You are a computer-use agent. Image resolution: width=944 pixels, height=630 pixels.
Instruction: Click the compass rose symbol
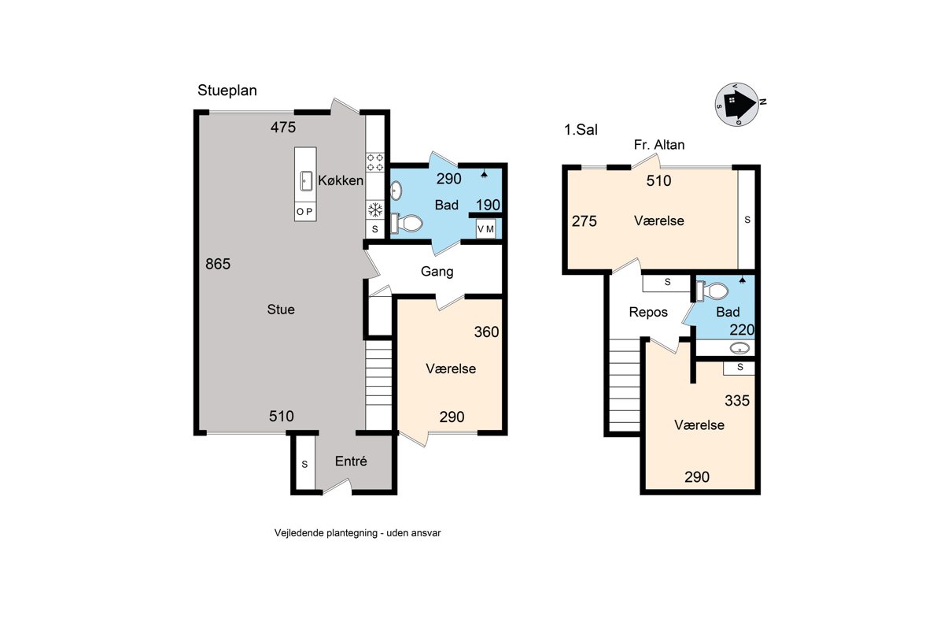click(738, 104)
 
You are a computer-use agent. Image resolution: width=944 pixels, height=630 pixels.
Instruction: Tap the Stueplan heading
click(227, 91)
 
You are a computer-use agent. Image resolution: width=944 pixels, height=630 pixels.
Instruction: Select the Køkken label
click(341, 180)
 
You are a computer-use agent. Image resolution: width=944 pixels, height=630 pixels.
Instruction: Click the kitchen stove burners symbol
click(375, 162)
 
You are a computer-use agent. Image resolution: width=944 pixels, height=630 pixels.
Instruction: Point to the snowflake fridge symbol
click(375, 209)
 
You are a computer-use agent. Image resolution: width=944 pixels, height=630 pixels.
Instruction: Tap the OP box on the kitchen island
click(305, 211)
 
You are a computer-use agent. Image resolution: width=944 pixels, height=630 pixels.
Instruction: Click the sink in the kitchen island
click(306, 181)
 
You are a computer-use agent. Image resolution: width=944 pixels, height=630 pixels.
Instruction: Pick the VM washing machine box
click(485, 229)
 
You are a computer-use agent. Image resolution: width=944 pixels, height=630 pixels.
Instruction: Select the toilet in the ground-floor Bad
click(406, 223)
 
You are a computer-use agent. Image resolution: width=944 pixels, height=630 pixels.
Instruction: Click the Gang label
click(437, 272)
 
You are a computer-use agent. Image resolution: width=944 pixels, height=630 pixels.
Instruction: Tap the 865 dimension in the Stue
click(218, 264)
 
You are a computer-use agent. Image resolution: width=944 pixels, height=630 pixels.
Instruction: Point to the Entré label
click(351, 461)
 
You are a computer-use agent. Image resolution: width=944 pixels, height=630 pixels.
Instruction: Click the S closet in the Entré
click(304, 463)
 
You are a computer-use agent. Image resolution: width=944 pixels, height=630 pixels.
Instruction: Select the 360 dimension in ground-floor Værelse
click(486, 332)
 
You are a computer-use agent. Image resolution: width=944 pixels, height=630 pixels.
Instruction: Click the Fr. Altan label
click(659, 145)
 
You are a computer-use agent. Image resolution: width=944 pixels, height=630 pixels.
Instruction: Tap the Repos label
click(648, 313)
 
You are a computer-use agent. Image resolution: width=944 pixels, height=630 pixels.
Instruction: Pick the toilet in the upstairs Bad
click(713, 291)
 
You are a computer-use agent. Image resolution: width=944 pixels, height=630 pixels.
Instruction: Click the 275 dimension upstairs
click(584, 221)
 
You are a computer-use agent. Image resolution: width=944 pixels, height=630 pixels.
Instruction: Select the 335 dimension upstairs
click(737, 401)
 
